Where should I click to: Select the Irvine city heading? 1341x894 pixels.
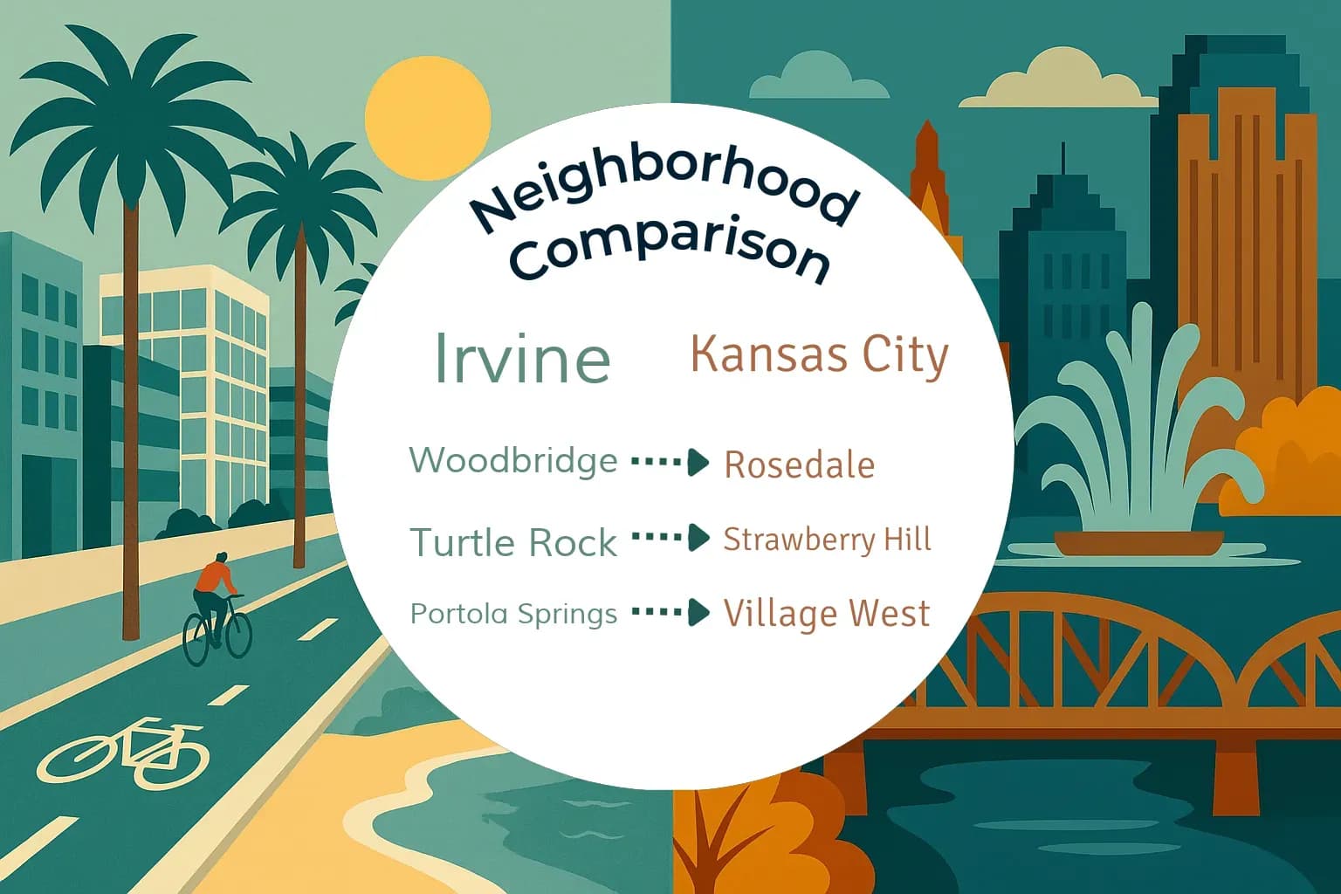(521, 357)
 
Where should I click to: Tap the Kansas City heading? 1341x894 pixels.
(819, 355)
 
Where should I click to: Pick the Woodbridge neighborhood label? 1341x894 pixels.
(513, 460)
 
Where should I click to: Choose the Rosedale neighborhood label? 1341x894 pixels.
(799, 464)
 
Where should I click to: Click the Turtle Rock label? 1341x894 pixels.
(513, 543)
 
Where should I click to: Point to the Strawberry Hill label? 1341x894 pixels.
(827, 540)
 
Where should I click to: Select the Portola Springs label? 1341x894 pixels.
(513, 614)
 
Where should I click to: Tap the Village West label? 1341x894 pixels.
(826, 614)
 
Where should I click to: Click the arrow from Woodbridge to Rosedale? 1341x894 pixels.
(670, 462)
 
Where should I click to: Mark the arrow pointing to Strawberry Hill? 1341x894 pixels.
(670, 538)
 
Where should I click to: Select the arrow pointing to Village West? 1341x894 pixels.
(670, 613)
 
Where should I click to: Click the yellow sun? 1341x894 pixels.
(427, 120)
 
